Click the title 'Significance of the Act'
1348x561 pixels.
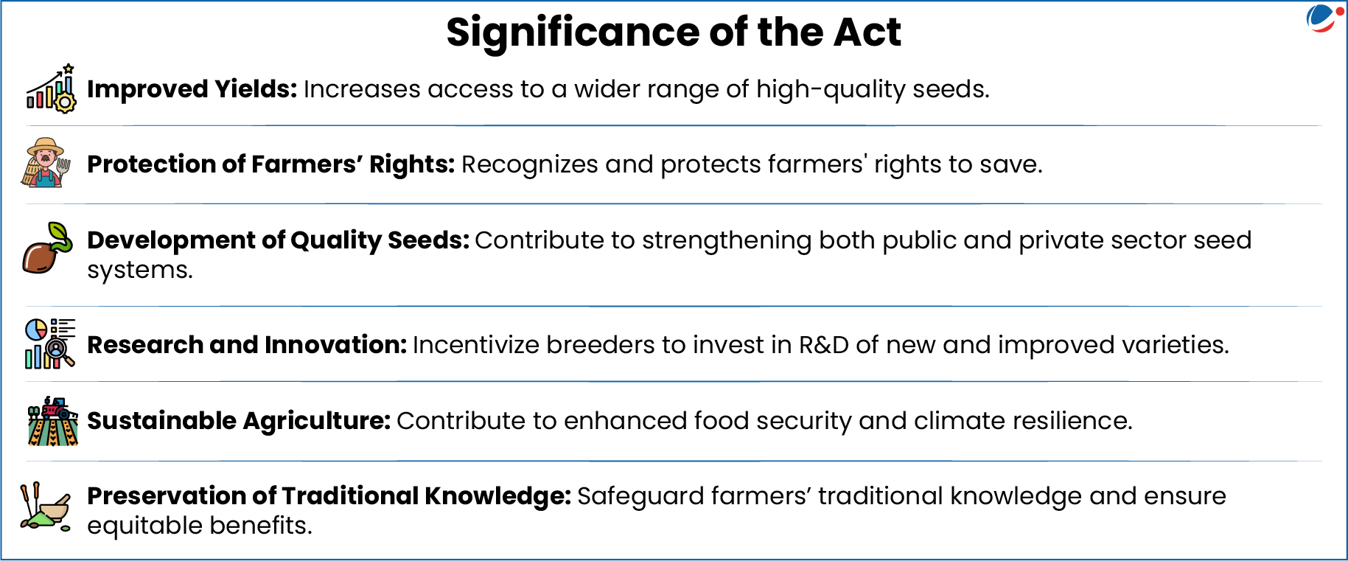click(673, 32)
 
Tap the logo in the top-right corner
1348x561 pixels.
click(1324, 19)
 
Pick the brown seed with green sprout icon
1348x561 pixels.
click(48, 248)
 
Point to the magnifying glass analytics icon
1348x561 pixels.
click(50, 344)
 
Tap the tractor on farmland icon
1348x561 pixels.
click(52, 421)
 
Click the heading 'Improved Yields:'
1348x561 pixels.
click(192, 89)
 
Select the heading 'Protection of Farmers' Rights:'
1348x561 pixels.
click(270, 164)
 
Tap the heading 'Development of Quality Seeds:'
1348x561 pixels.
click(278, 240)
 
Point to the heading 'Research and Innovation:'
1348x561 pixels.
click(247, 345)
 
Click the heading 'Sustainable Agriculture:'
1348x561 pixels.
click(239, 421)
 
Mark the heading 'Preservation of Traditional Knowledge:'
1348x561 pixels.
click(329, 496)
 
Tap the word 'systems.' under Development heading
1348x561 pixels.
click(140, 271)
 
